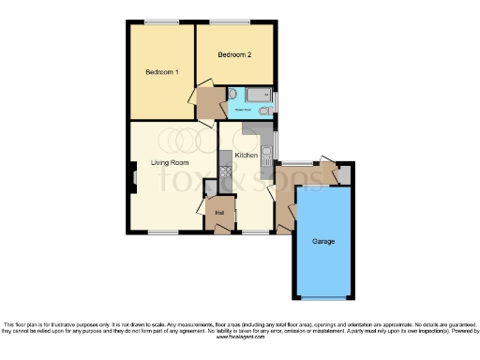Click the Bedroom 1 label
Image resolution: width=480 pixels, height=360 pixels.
(161, 72)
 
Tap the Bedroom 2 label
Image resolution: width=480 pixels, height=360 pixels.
(234, 55)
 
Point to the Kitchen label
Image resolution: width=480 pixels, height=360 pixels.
(247, 155)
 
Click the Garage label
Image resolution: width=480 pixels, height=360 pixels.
(323, 242)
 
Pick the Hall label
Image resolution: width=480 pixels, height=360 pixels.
(219, 213)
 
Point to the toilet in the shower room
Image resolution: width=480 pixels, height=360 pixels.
(232, 95)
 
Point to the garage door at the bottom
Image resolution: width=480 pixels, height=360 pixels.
(323, 298)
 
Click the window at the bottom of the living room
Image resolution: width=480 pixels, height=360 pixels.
(164, 232)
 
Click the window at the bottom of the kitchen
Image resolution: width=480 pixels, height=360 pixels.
(254, 232)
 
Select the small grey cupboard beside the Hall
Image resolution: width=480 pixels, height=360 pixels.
(210, 189)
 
